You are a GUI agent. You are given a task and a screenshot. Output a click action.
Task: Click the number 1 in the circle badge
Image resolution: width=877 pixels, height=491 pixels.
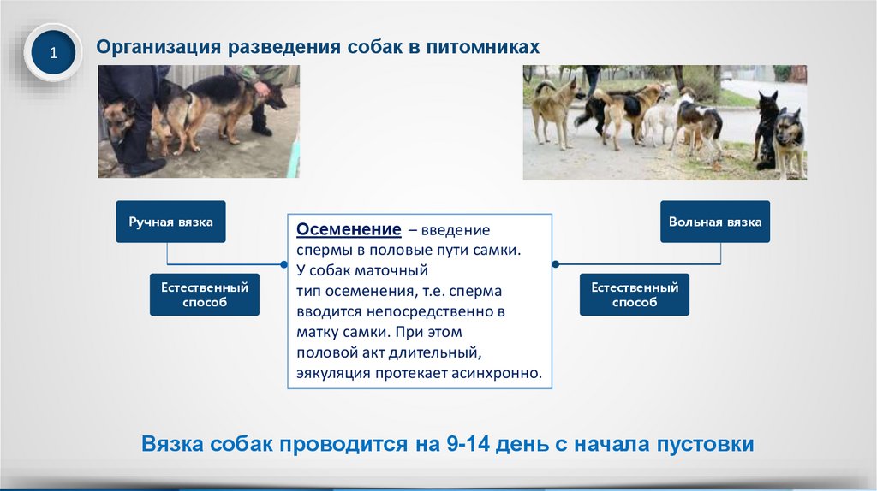tap(54, 53)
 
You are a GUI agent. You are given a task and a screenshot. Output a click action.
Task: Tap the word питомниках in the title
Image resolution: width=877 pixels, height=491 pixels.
tap(483, 47)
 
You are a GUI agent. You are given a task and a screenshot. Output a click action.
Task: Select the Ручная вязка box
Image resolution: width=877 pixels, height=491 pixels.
tap(170, 222)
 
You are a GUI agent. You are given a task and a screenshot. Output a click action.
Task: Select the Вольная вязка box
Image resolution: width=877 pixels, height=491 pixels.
tap(715, 222)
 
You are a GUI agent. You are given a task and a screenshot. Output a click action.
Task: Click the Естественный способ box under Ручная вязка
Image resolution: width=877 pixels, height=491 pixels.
tap(204, 294)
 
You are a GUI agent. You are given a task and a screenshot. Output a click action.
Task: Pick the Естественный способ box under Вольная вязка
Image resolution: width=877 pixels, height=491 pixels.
tap(635, 294)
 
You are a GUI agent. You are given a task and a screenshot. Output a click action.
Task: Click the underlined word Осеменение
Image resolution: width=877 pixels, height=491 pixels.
tap(349, 229)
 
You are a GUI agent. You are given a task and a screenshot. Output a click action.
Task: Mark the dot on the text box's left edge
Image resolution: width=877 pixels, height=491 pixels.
tap(284, 264)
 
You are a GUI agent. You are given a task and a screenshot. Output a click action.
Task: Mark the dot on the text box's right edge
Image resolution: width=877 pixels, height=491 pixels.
tap(555, 264)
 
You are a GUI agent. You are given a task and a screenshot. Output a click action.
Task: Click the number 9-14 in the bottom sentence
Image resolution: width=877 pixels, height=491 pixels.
tap(468, 443)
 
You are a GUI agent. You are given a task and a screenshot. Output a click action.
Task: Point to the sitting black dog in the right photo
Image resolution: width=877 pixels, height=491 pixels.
tap(767, 129)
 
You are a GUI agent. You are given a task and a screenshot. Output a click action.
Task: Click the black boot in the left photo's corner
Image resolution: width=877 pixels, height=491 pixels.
tap(145, 167)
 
